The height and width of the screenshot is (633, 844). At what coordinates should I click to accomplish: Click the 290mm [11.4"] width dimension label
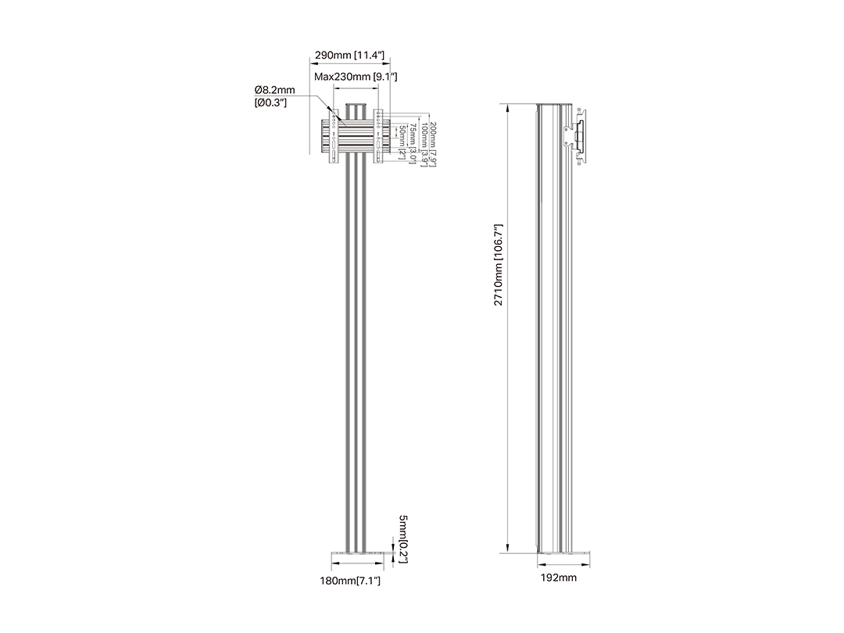click(x=349, y=55)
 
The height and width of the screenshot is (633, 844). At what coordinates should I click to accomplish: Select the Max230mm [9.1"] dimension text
click(x=356, y=77)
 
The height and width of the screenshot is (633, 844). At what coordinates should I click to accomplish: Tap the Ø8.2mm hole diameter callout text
click(x=274, y=89)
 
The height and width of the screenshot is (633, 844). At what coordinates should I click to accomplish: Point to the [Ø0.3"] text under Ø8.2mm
click(x=270, y=102)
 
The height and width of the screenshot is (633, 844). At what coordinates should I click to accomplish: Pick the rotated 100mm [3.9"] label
click(x=424, y=145)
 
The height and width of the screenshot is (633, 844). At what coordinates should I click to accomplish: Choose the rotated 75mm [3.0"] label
click(x=413, y=143)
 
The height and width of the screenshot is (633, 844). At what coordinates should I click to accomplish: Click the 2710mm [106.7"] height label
click(x=499, y=265)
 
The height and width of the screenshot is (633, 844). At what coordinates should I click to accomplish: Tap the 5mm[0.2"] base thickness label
click(x=404, y=539)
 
